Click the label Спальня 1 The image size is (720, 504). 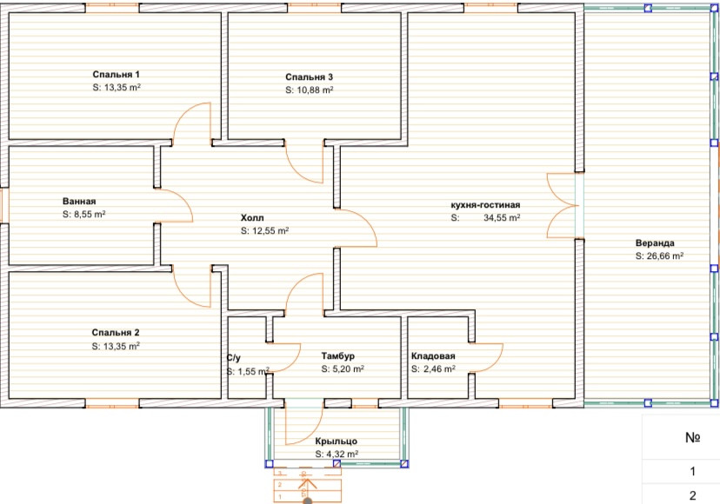(x=117, y=75)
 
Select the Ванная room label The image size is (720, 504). (x=79, y=201)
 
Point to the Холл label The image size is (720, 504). (x=252, y=217)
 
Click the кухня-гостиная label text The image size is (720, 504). (x=485, y=205)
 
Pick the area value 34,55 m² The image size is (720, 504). (x=502, y=217)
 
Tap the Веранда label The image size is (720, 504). (x=655, y=242)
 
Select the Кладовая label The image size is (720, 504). (x=433, y=355)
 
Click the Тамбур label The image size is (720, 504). (x=338, y=355)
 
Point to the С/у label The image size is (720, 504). (x=233, y=358)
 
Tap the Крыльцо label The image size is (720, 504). (x=337, y=441)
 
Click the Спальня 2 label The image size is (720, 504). (x=116, y=332)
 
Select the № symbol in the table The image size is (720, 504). (x=692, y=437)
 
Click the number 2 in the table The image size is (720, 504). (x=692, y=495)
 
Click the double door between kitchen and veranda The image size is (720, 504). (x=563, y=206)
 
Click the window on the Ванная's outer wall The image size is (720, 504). (x=4, y=205)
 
